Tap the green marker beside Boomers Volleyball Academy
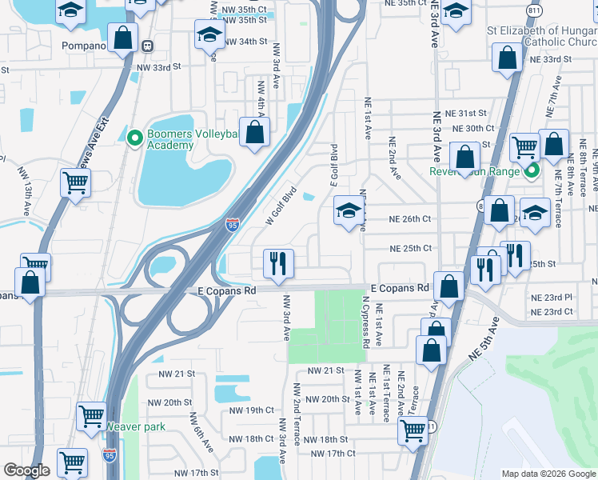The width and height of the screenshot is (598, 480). (x=135, y=138)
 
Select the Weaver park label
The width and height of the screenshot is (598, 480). (x=136, y=426)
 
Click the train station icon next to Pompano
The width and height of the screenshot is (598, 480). (x=147, y=46)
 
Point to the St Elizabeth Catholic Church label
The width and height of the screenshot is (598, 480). (x=542, y=36)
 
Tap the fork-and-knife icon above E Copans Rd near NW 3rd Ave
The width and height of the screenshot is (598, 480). (x=278, y=262)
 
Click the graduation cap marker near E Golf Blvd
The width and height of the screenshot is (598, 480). (x=348, y=211)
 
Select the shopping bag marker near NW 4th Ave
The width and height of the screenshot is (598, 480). (x=254, y=132)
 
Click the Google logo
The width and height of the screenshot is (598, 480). (x=26, y=470)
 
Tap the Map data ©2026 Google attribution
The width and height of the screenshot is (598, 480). (x=548, y=474)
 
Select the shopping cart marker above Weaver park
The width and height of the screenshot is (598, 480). (x=90, y=416)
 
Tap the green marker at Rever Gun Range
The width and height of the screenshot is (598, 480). (x=530, y=170)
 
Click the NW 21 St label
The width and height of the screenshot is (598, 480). (x=177, y=374)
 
